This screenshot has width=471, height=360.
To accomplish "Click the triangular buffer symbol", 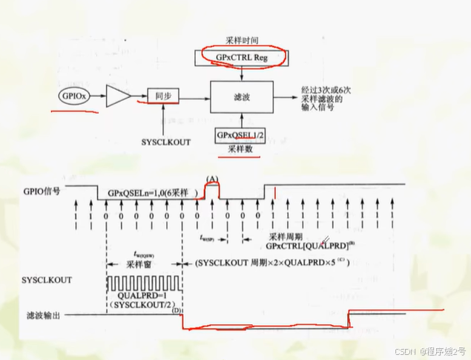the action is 119,96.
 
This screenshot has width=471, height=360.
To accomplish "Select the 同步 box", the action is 163,96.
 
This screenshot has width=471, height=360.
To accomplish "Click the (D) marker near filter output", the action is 177,310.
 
